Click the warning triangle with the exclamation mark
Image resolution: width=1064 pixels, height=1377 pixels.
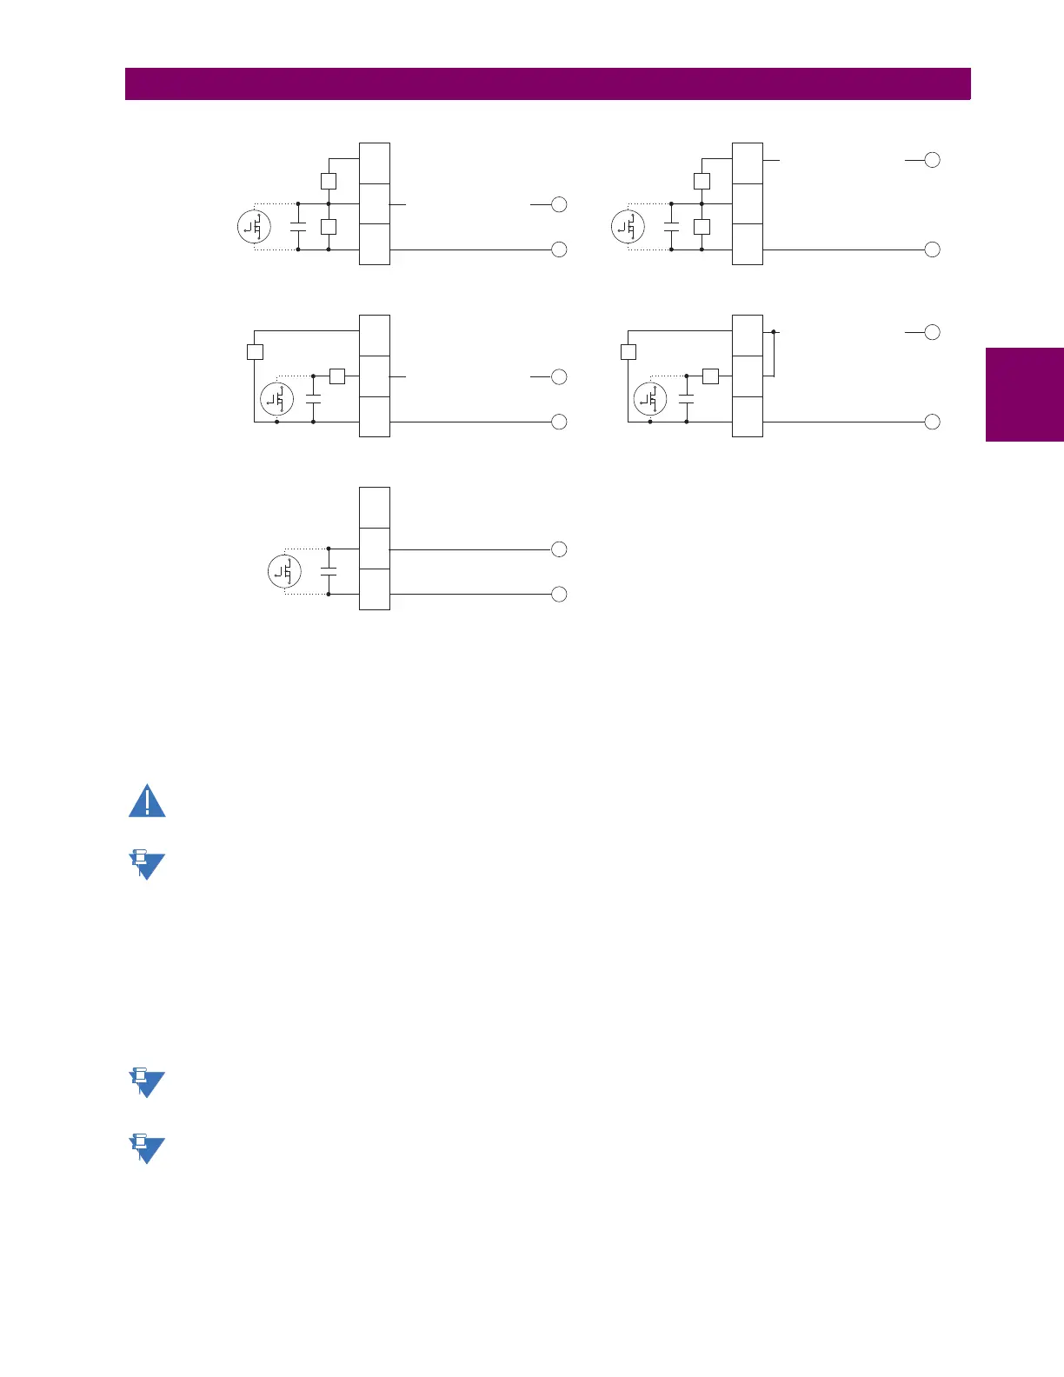coord(147,801)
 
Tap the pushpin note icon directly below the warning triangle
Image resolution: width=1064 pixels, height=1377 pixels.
coord(146,865)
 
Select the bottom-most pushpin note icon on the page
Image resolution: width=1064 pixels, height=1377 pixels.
coord(146,1148)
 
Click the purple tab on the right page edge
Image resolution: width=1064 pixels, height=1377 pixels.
coord(1025,395)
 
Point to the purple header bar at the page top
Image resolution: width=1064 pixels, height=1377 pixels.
coord(548,84)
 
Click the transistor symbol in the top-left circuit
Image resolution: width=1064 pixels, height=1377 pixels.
coord(254,227)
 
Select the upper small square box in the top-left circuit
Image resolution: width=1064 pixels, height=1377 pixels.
coord(328,182)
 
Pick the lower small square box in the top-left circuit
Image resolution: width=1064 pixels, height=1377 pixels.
coord(328,227)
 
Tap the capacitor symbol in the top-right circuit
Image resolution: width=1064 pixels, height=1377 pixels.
coord(671,227)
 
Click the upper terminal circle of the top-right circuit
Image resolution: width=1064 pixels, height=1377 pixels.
coord(932,160)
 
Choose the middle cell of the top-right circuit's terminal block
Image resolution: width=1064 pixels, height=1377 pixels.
coord(748,204)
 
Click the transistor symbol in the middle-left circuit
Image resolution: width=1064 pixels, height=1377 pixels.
coord(276,400)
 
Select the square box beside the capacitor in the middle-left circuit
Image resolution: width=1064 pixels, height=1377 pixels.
coord(337,376)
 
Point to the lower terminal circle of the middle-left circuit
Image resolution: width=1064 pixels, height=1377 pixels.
coord(559,422)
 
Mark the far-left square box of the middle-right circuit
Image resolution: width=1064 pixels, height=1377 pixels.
coord(628,352)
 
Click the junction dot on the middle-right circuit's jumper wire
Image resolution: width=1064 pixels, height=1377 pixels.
coord(773,332)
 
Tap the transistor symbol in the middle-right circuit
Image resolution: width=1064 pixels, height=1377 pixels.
coord(650,400)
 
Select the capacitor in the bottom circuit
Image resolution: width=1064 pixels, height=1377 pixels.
coord(329,572)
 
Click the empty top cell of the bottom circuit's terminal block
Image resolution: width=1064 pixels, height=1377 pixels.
coord(374,508)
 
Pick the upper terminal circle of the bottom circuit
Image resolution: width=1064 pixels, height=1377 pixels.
coord(559,549)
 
